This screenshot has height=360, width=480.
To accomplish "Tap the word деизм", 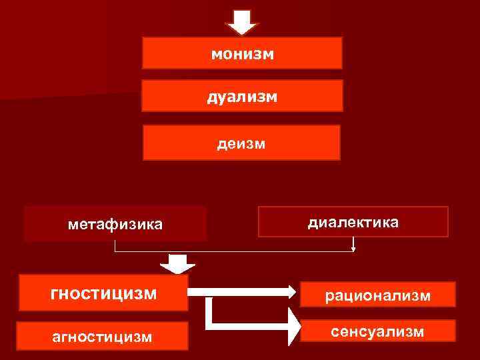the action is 241,143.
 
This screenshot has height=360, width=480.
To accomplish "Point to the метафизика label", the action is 115,224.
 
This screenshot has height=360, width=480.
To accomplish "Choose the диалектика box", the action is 353,222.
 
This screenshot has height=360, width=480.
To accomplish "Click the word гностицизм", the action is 103,293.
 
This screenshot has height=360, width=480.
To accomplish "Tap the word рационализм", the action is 377,295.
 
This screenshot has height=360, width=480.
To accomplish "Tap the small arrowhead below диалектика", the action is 353,249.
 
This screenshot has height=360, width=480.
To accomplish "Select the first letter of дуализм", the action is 211,97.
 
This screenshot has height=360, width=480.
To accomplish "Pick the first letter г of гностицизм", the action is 54,293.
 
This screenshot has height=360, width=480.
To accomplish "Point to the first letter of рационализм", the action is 329,295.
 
